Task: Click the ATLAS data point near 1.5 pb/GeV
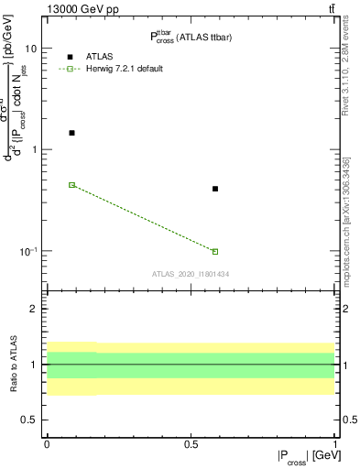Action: point(71,133)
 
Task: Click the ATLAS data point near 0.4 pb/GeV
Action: point(215,189)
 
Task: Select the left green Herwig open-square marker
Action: point(71,185)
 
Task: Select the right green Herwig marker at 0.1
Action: point(215,251)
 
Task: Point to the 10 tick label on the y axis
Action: point(31,48)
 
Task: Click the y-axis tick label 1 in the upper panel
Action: point(34,149)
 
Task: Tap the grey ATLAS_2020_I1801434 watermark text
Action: point(190,274)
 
